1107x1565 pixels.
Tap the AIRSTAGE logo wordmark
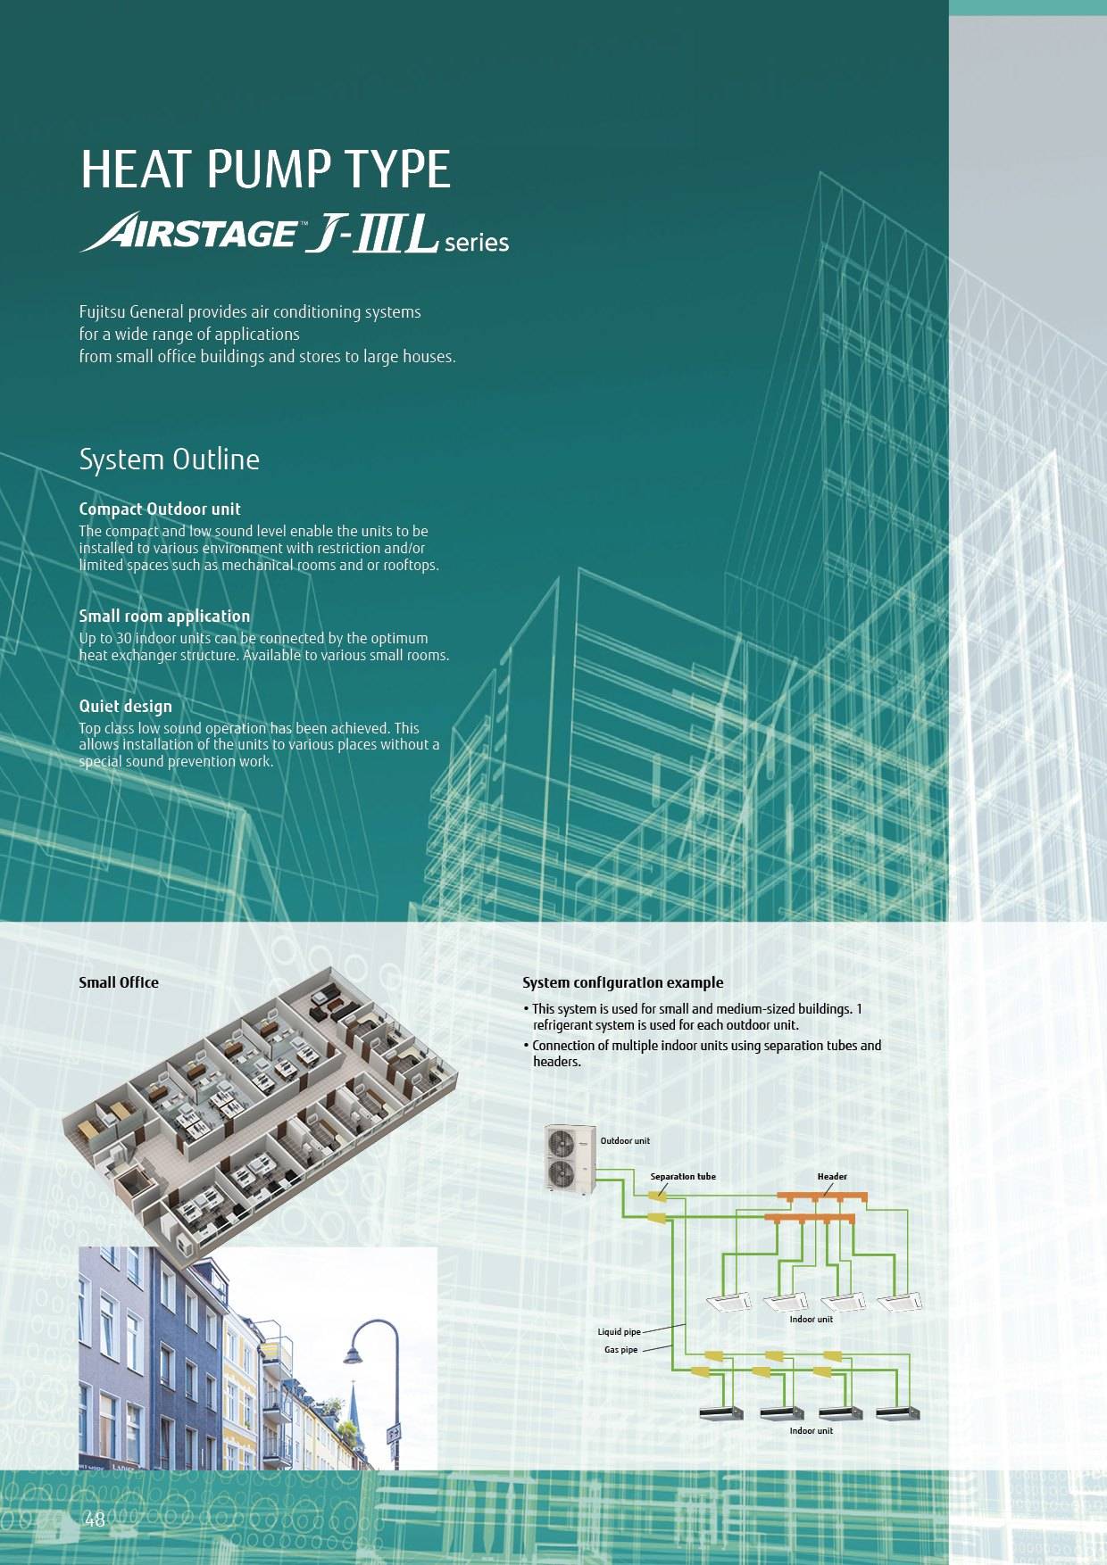pos(189,234)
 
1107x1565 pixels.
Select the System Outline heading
pos(169,460)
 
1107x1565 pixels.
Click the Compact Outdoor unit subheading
pos(160,509)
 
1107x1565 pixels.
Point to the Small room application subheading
pos(164,616)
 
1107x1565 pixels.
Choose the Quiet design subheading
pos(125,706)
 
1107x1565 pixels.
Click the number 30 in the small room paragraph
pos(123,638)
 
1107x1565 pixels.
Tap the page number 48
pos(96,1519)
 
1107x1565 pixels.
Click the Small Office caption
pos(119,982)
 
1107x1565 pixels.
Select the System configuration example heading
pos(622,982)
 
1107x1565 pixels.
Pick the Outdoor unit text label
pos(625,1141)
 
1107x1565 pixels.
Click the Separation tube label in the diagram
pos(683,1176)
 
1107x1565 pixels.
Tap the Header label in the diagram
pos(832,1176)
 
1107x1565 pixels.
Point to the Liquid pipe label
pos(619,1332)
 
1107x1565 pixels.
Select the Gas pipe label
pos(621,1350)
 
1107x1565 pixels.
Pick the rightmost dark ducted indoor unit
pos(896,1413)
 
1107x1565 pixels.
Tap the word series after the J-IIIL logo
pos(477,243)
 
